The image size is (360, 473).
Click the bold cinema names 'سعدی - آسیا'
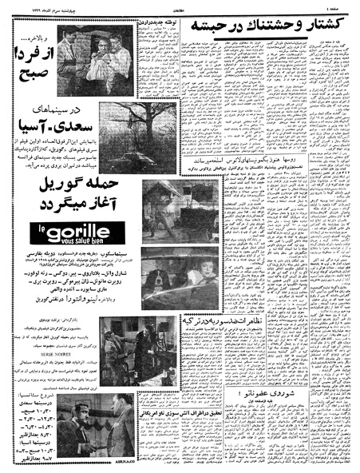pos(59,123)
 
